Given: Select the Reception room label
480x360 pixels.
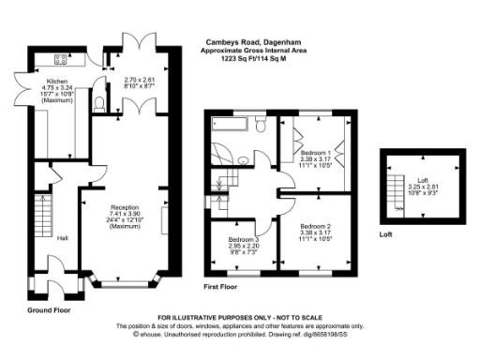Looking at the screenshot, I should click(x=125, y=207).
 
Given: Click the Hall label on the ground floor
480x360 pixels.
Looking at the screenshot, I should click(x=62, y=237).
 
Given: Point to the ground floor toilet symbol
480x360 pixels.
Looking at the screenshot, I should click(x=100, y=102).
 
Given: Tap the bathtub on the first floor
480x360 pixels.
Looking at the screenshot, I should click(x=233, y=125).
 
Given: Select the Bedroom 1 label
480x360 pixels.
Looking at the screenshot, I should click(x=315, y=152).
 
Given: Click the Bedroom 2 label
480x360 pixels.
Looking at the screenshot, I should click(x=315, y=226).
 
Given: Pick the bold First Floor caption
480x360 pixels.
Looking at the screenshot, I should click(x=224, y=285).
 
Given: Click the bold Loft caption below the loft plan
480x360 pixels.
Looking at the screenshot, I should click(x=385, y=235).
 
